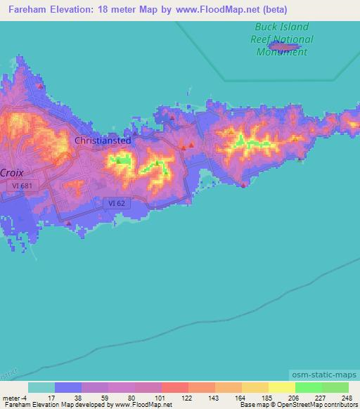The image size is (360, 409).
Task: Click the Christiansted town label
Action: coord(103,141)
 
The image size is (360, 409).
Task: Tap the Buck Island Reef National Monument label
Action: coord(282,40)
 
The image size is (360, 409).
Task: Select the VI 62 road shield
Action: coord(117,202)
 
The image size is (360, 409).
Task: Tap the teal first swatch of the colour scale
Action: coord(41,387)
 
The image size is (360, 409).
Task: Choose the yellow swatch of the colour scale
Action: coord(281,387)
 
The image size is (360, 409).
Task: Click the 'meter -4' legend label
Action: coord(13,397)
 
